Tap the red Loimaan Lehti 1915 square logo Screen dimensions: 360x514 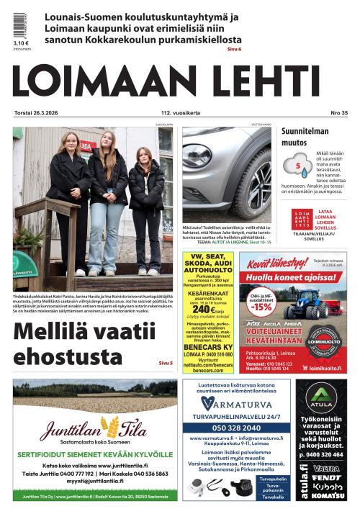tap(302, 218)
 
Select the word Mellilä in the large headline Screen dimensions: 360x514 tap(57, 333)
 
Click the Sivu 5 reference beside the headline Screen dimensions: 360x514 tap(165, 364)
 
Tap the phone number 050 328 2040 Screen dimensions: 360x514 tap(237, 426)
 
